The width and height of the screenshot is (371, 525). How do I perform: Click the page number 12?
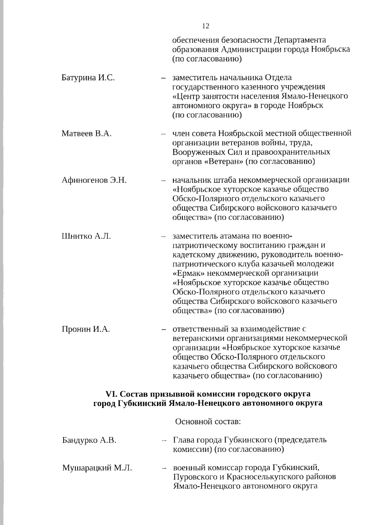[206, 26]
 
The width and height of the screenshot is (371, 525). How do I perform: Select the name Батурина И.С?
[88, 78]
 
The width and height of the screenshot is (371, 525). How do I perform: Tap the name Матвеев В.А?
[86, 134]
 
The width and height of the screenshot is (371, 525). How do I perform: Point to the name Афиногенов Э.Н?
[94, 180]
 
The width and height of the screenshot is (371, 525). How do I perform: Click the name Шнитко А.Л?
[86, 236]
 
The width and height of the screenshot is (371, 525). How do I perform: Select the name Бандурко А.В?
[89, 440]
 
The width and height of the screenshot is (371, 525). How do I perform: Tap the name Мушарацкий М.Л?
[97, 468]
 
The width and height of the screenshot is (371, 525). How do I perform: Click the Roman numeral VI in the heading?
[110, 394]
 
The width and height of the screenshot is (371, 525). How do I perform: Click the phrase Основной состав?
[208, 422]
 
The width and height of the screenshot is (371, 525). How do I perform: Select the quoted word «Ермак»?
[188, 273]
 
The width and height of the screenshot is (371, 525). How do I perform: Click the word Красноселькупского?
[271, 477]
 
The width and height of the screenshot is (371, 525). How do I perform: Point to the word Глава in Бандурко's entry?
[184, 440]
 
